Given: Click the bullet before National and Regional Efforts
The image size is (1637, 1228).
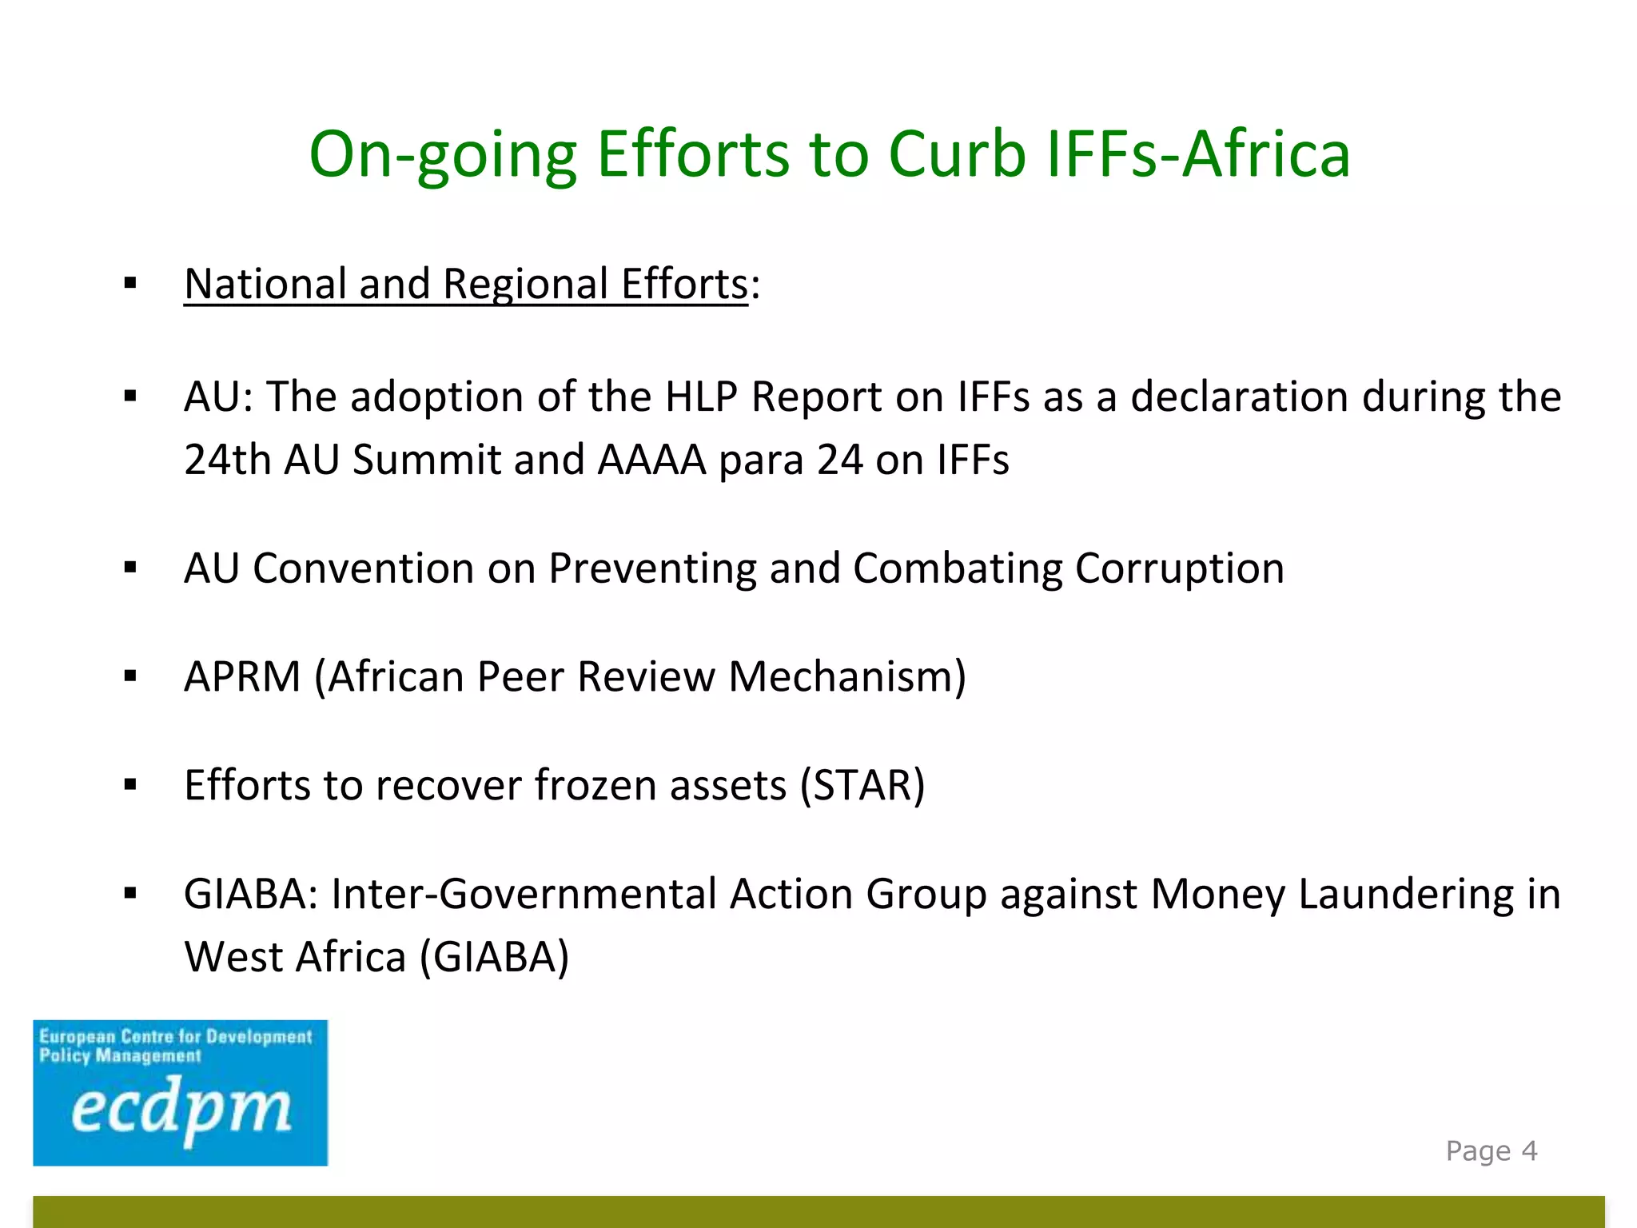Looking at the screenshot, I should pyautogui.click(x=131, y=284).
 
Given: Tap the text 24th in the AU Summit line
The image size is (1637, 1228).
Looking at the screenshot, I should pyautogui.click(x=228, y=460).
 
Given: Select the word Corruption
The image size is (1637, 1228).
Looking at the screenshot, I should pyautogui.click(x=1179, y=568).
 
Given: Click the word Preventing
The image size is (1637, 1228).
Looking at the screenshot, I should pyautogui.click(x=651, y=568).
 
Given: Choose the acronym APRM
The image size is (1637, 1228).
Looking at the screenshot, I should pyautogui.click(x=242, y=677).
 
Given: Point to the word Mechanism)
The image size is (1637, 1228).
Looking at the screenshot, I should pyautogui.click(x=847, y=677).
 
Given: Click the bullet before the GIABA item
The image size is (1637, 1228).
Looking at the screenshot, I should pyautogui.click(x=131, y=894).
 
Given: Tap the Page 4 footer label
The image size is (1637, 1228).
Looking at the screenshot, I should pyautogui.click(x=1492, y=1151).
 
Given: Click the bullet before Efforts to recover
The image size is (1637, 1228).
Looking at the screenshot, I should pyautogui.click(x=131, y=785).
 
